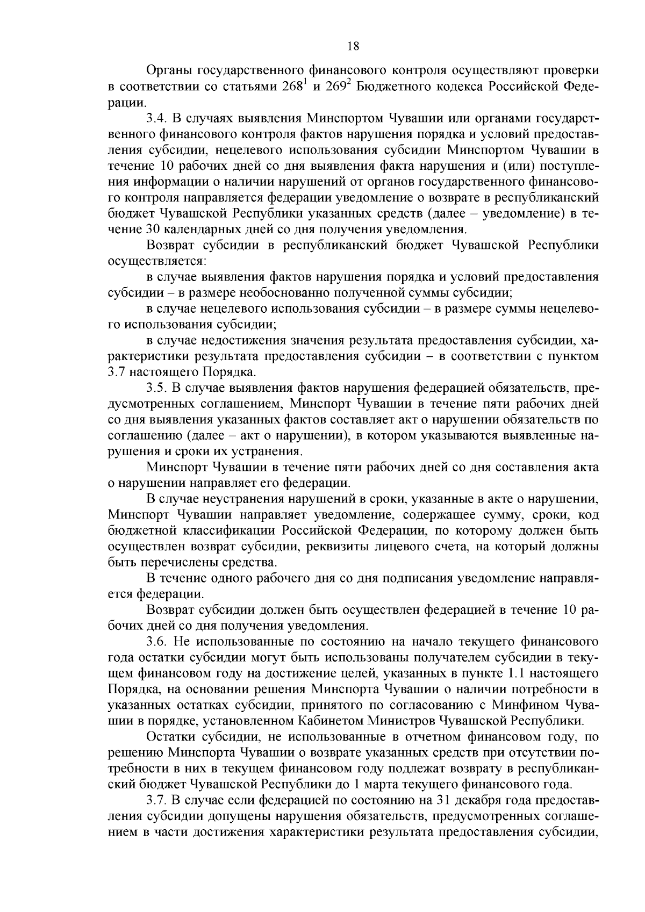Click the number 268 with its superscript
coord(295,86)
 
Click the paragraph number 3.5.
coord(156,387)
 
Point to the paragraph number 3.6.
coord(156,642)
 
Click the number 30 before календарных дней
coord(151,229)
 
